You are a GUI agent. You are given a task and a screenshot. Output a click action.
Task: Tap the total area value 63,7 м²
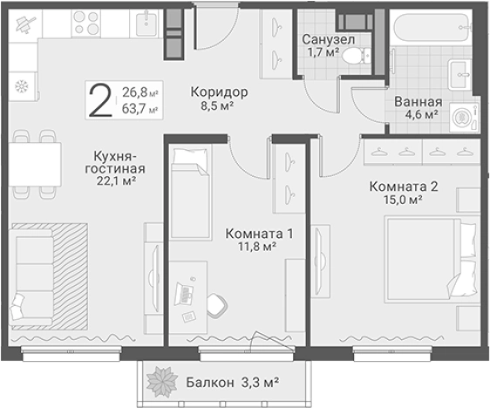point(140,110)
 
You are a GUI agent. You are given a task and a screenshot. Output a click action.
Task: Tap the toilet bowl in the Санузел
point(354,56)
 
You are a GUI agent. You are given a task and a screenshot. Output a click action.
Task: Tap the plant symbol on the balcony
point(161,382)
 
